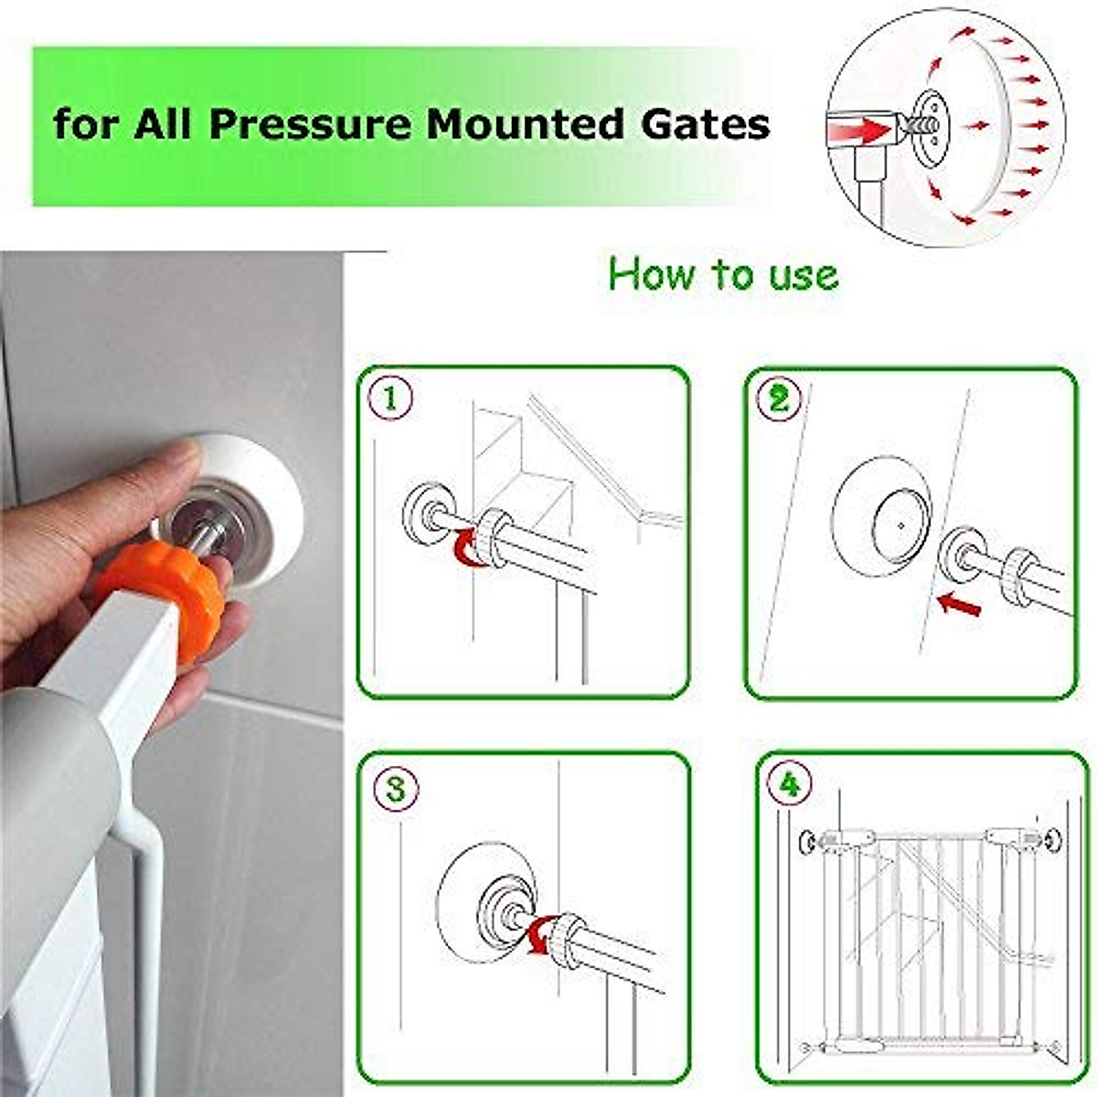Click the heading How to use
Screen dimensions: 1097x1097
(x=722, y=274)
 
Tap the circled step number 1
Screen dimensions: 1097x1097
(x=391, y=399)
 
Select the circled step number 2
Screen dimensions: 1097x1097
(x=780, y=399)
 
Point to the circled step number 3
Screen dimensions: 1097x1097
(x=395, y=789)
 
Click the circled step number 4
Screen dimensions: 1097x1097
(x=789, y=783)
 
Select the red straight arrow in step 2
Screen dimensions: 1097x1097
(x=958, y=603)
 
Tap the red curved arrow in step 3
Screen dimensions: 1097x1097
(x=539, y=938)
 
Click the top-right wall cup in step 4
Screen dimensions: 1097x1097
(x=1052, y=839)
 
